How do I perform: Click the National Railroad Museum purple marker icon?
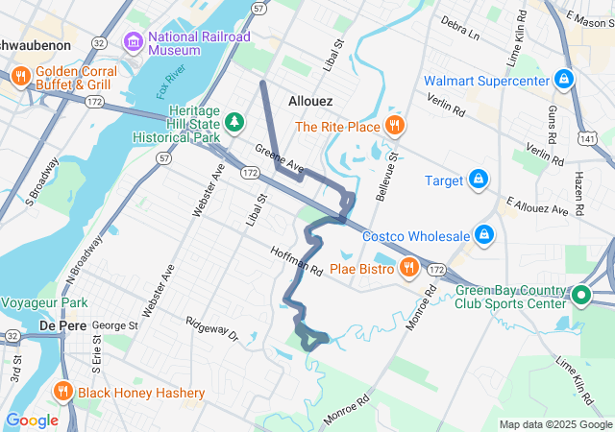pyautogui.click(x=134, y=41)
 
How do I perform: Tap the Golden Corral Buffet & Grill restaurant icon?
pyautogui.click(x=19, y=76)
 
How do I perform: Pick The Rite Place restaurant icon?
pyautogui.click(x=394, y=126)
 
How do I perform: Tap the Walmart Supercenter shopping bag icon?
pyautogui.click(x=565, y=79)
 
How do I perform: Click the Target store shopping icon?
pyautogui.click(x=478, y=180)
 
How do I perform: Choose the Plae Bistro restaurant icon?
pyautogui.click(x=408, y=268)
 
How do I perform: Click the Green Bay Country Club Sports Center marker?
pyautogui.click(x=580, y=295)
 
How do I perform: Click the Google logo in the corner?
pyautogui.click(x=32, y=420)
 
